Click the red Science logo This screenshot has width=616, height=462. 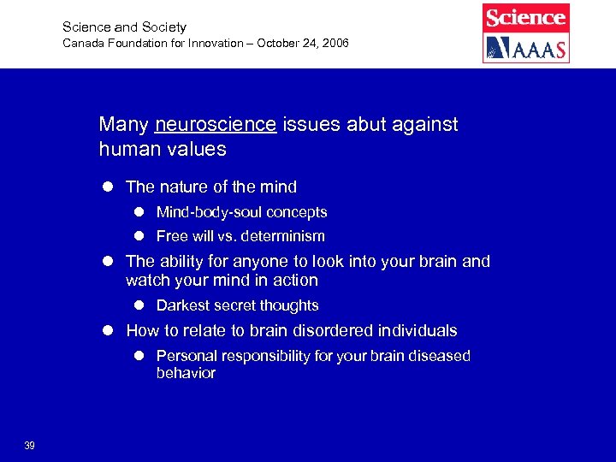[525, 17]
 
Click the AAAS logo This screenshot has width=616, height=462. [525, 48]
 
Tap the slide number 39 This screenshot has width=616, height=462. [30, 445]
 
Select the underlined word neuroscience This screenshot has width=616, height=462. [216, 125]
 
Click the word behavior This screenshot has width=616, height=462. [186, 373]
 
